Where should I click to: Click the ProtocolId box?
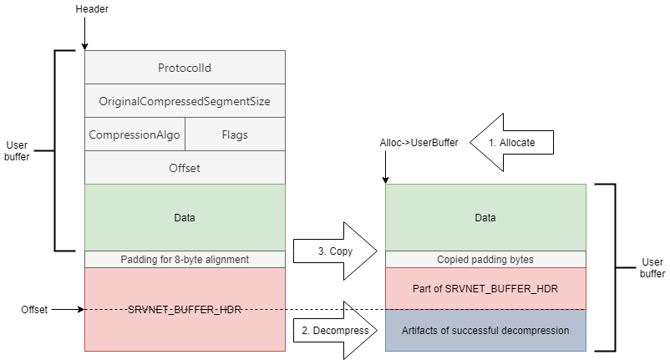[x=185, y=68]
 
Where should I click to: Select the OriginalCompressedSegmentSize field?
[x=185, y=101]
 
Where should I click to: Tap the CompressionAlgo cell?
[x=135, y=134]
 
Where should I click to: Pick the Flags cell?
[x=235, y=134]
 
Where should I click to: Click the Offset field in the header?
[x=185, y=167]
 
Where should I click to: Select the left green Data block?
[x=185, y=217]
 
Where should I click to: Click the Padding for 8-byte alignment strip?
[x=185, y=259]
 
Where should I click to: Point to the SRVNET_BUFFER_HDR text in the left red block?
[x=185, y=309]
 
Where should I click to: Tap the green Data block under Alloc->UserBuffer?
[x=485, y=217]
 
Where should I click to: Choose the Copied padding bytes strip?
[x=485, y=259]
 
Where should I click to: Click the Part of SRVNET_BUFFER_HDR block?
[x=485, y=288]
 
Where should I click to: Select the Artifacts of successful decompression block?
[x=485, y=330]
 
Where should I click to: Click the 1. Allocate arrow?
[x=511, y=142]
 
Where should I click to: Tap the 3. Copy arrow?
[x=336, y=251]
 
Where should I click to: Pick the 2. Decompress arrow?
[x=336, y=330]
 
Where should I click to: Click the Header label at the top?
[x=92, y=9]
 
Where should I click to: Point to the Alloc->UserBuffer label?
[x=419, y=143]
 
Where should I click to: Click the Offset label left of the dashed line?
[x=34, y=310]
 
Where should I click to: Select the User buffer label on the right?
[x=652, y=268]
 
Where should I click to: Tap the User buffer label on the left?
[x=17, y=150]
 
